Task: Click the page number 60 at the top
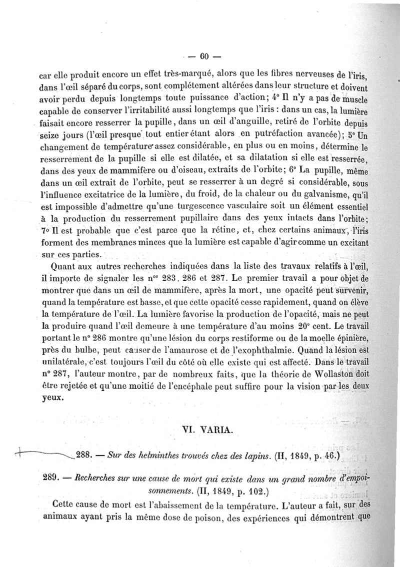pyautogui.click(x=203, y=55)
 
